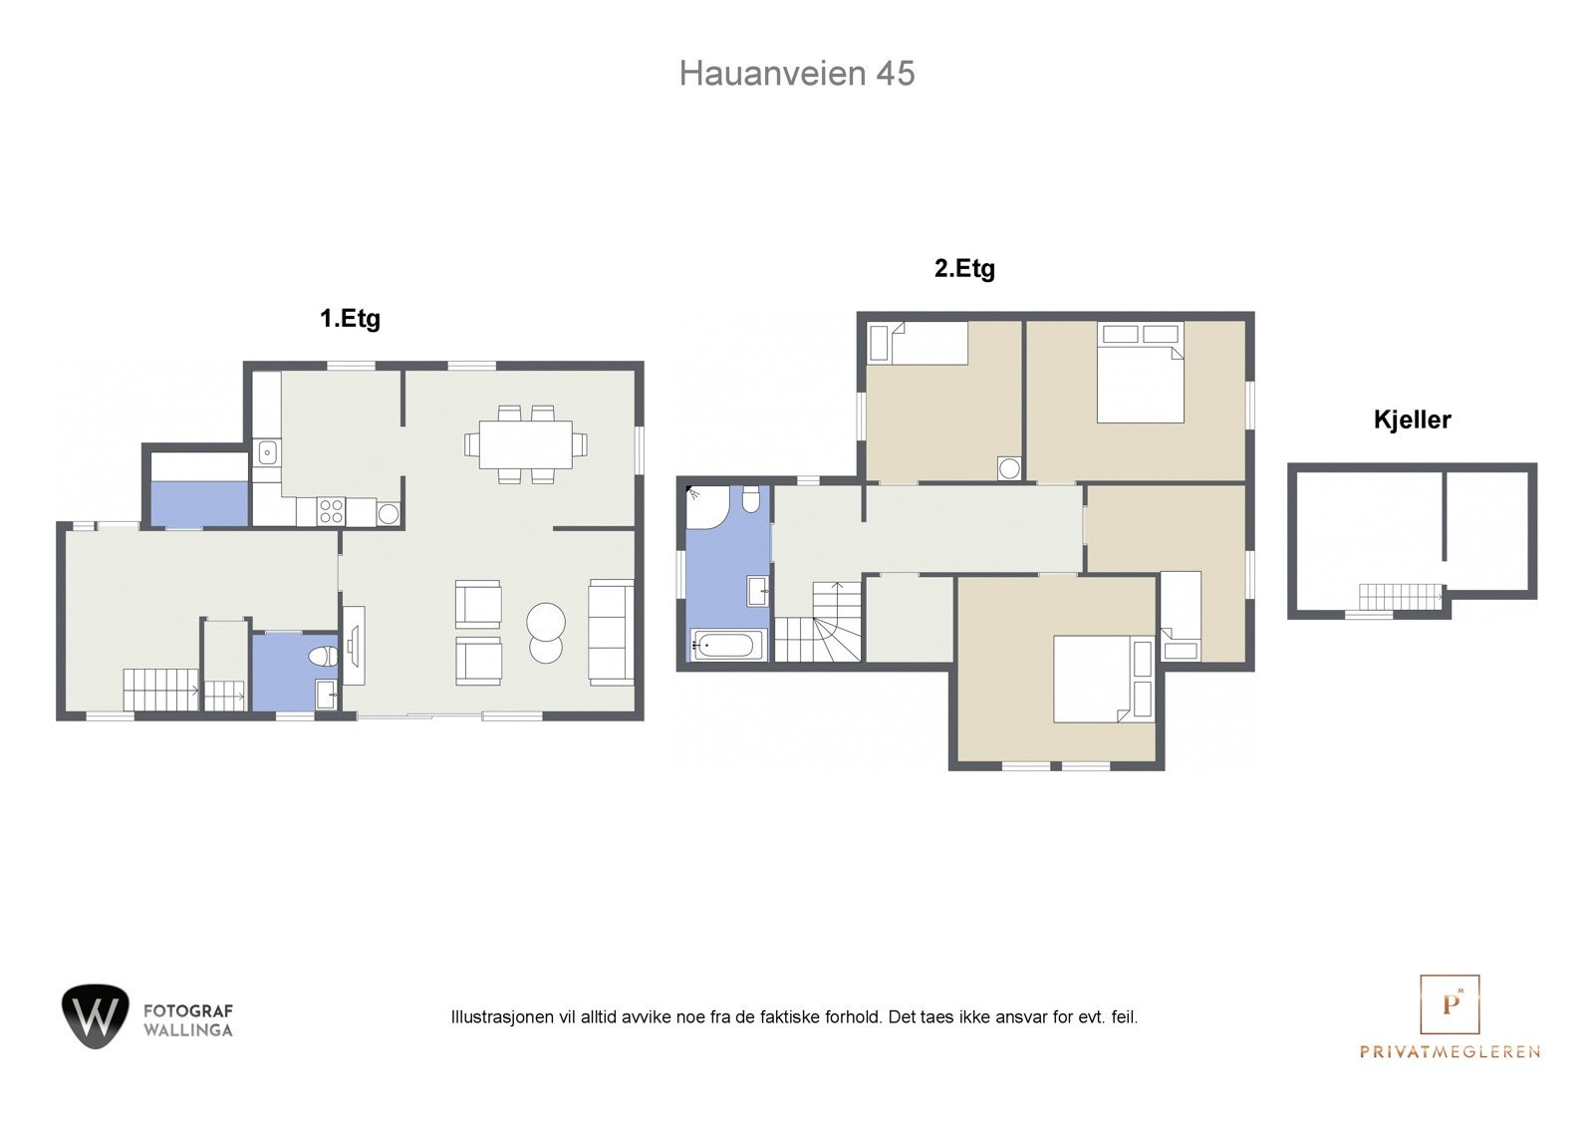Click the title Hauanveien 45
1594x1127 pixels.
point(796,74)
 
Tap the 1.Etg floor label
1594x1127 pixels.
point(350,318)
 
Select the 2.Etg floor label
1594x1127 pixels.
point(964,268)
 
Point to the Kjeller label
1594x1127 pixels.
point(1412,420)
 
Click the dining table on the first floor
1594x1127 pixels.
point(526,444)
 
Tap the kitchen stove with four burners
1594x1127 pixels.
point(331,512)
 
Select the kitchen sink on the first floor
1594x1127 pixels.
point(268,452)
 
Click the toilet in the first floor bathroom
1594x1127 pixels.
point(325,656)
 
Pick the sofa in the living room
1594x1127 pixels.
point(612,632)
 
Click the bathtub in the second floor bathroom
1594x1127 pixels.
point(728,646)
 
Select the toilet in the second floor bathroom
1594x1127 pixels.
point(751,499)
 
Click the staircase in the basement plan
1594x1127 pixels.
point(1401,597)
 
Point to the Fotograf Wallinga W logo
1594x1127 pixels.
point(96,1016)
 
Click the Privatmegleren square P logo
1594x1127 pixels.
point(1450,1003)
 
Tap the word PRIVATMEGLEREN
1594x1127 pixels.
point(1450,1051)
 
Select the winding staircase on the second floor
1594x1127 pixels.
point(818,622)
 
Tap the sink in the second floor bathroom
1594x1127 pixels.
point(758,592)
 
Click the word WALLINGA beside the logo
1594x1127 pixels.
point(188,1030)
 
